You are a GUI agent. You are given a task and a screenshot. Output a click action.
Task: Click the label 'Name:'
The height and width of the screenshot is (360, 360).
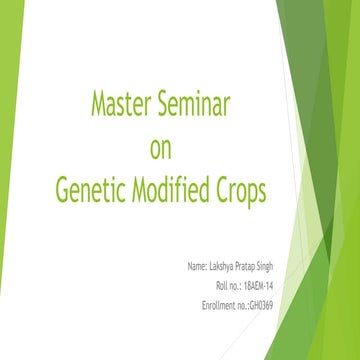click(197, 268)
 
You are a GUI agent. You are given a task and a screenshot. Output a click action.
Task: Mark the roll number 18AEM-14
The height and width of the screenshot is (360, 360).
click(272, 286)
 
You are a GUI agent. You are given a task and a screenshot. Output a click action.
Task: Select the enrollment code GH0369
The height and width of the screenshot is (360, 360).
click(278, 303)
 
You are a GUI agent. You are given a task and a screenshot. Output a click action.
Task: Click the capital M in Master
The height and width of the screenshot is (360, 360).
click(97, 103)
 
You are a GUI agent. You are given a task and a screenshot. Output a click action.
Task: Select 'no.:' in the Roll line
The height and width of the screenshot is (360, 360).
click(242, 286)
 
